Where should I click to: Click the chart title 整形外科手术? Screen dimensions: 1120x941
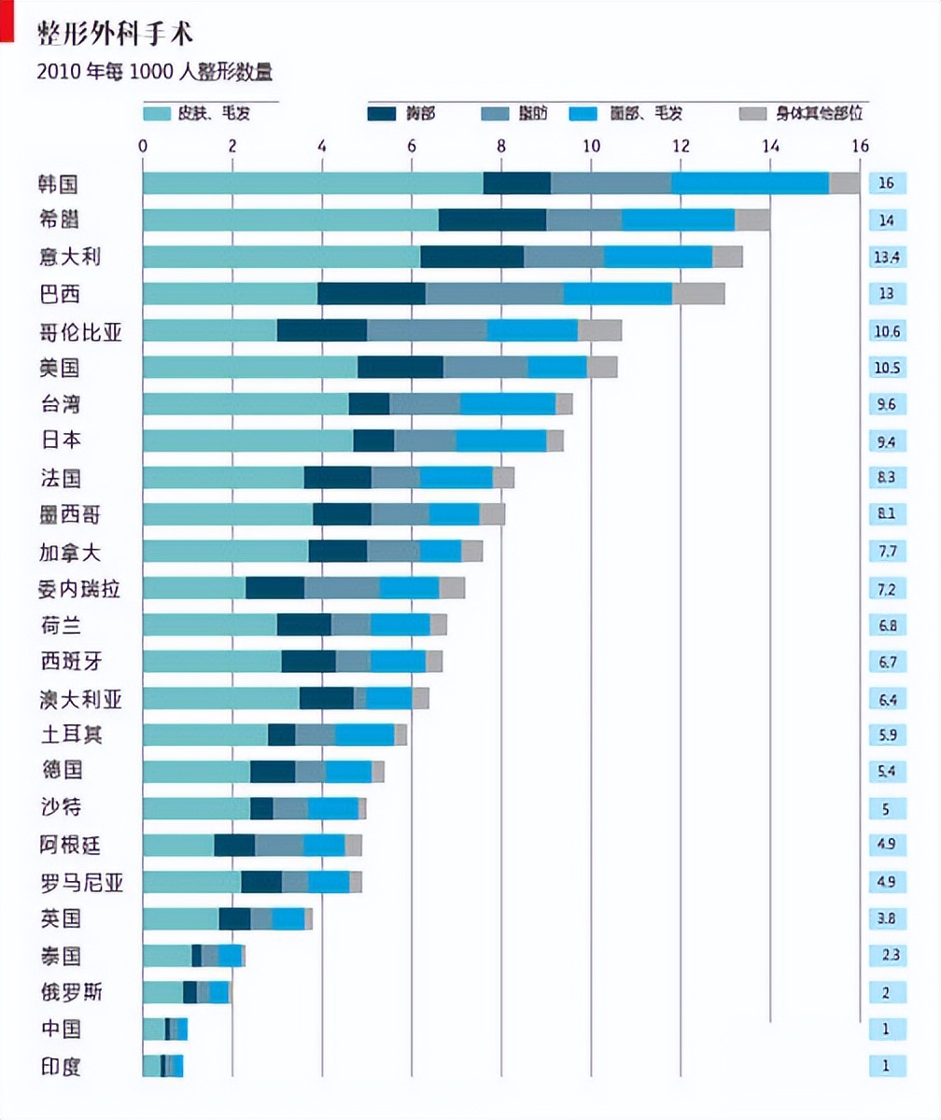coord(115,34)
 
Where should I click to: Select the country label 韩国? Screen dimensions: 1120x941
coord(59,183)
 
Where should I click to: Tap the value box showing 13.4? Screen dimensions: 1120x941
coord(886,257)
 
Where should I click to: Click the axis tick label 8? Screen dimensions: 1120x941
coord(501,146)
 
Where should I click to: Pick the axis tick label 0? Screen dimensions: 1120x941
coord(143,146)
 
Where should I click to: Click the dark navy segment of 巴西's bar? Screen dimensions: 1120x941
coord(372,293)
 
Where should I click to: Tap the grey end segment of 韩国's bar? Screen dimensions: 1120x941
coord(844,183)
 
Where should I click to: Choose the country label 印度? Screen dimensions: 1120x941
coord(59,1066)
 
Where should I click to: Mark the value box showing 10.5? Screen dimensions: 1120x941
coord(886,367)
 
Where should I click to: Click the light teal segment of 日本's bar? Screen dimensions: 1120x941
coord(247,441)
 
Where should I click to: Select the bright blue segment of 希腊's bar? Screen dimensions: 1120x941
coord(679,219)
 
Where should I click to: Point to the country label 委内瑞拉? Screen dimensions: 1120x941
coord(79,588)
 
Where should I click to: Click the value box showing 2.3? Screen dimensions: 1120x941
coord(886,956)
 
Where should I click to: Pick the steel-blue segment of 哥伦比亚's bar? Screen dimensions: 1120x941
coord(427,330)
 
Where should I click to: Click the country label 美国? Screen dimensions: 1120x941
coord(59,367)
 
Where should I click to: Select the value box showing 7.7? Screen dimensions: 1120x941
coord(886,551)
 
